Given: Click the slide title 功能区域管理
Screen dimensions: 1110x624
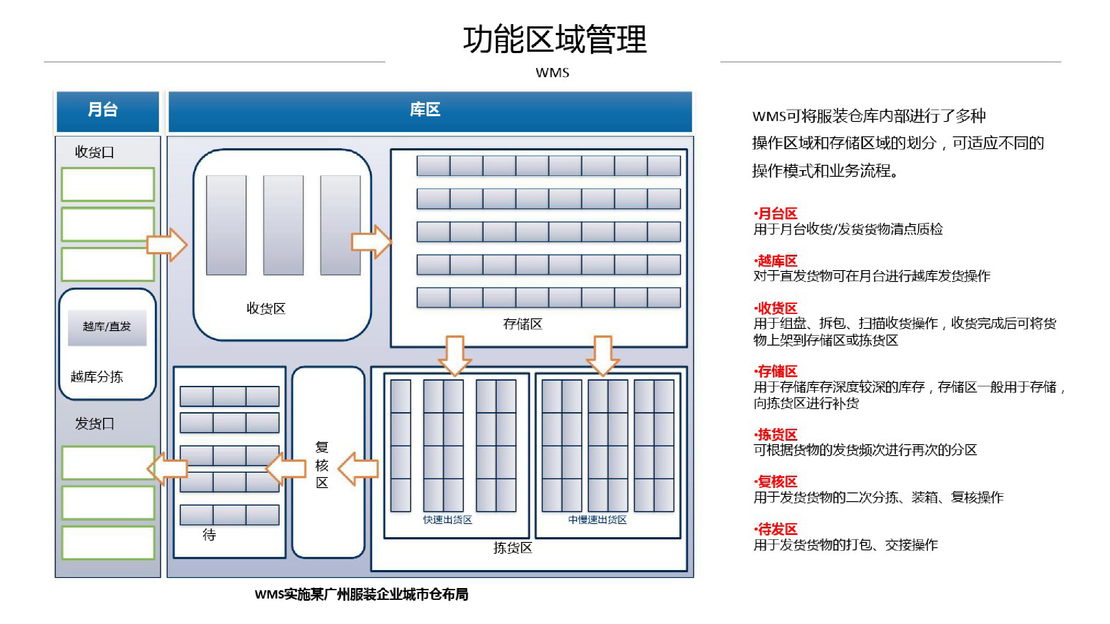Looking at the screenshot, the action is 555,39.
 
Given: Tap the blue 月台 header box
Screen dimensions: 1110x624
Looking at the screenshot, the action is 108,111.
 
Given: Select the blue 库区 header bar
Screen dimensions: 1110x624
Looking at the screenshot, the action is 430,111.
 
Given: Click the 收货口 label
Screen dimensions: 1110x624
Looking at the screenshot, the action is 94,152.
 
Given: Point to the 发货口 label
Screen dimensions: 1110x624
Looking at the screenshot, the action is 94,424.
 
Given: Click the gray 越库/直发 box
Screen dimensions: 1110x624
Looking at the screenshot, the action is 107,328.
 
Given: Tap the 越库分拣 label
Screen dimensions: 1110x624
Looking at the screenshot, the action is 97,377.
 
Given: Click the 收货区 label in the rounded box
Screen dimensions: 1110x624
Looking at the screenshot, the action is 266,308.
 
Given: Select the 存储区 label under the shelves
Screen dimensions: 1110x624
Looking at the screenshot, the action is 523,324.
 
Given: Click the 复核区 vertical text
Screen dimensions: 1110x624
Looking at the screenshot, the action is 322,465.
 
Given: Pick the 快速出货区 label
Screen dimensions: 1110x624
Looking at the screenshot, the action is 448,520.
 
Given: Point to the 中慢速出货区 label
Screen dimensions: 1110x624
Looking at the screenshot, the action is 597,520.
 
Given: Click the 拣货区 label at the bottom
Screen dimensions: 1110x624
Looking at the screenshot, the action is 512,548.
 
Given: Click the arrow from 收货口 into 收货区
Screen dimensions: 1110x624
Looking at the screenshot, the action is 167,245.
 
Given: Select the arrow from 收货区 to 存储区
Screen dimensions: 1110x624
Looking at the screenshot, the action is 372,242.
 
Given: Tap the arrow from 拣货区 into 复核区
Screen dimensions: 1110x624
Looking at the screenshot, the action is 358,469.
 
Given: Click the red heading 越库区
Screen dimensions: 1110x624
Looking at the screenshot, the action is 775,261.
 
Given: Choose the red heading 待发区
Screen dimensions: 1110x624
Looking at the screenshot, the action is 775,529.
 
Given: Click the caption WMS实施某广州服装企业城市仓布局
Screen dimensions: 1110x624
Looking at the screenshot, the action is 362,595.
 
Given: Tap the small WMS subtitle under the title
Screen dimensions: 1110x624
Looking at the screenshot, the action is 552,73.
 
